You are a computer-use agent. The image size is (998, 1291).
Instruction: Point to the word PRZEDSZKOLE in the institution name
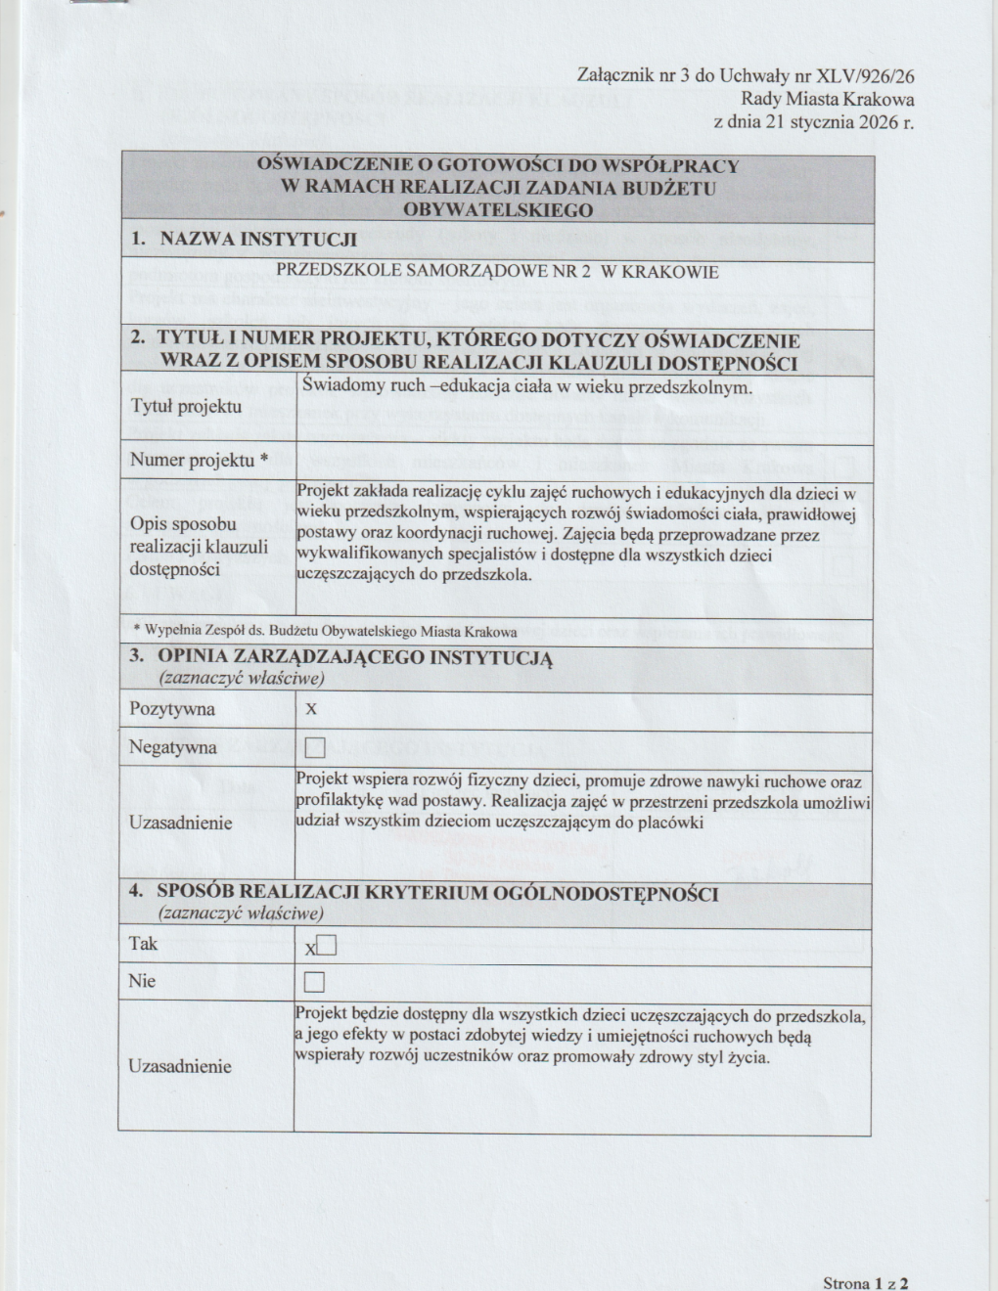(x=325, y=272)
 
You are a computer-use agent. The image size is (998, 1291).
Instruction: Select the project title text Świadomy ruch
(x=356, y=386)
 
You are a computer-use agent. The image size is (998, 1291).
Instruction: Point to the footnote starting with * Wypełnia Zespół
(x=325, y=632)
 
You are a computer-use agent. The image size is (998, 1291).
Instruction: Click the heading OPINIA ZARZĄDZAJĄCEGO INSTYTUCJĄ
(x=354, y=657)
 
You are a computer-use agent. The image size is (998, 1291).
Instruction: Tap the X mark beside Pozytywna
(x=311, y=709)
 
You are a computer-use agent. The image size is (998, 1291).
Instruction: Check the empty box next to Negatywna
(x=314, y=749)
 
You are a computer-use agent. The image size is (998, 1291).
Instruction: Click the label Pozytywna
(x=172, y=709)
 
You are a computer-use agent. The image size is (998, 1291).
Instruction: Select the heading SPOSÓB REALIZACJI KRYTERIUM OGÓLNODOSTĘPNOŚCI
(x=437, y=893)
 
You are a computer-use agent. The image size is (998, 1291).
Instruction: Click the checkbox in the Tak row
(x=326, y=946)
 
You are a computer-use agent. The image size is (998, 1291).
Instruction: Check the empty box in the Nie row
(x=314, y=982)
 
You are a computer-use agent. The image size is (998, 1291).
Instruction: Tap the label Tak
(x=143, y=945)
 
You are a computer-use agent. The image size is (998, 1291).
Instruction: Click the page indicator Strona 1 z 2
(x=865, y=1283)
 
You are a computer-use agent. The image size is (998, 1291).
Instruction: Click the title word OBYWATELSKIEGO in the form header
(x=497, y=210)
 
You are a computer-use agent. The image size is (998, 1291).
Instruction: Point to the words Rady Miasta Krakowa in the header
(x=827, y=99)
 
